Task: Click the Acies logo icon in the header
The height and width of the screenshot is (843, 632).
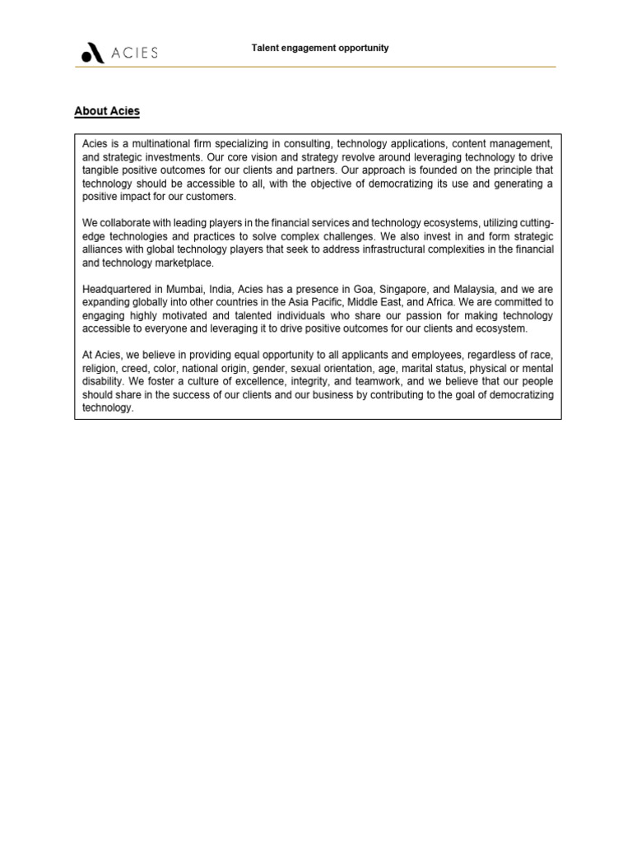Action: pyautogui.click(x=92, y=54)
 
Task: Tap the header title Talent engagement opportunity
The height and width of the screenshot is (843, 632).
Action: pyautogui.click(x=320, y=48)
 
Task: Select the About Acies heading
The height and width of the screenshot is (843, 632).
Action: pyautogui.click(x=107, y=111)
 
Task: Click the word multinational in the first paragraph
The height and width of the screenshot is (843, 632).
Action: pyautogui.click(x=160, y=144)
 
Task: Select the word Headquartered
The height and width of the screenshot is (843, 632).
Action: pyautogui.click(x=117, y=289)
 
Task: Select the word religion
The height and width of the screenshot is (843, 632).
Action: pyautogui.click(x=100, y=368)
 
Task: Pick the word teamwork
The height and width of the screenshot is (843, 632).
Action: pyautogui.click(x=366, y=381)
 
